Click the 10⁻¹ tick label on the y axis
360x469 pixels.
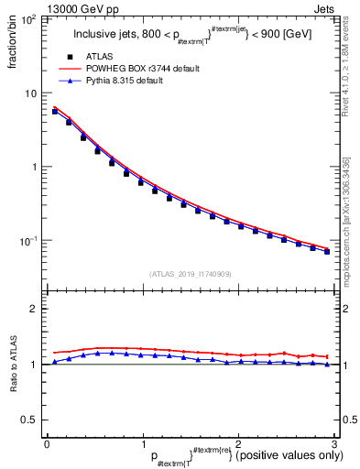pos(28,241)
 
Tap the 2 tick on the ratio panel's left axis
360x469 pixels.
pos(33,310)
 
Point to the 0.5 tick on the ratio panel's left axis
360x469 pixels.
pos(29,420)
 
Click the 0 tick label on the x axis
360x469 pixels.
pos(46,442)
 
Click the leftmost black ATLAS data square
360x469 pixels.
pos(55,112)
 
